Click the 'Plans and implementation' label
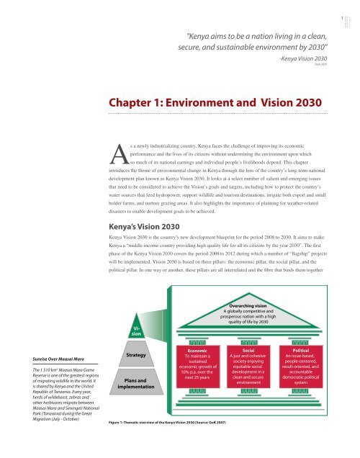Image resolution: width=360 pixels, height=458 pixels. (135, 403)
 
